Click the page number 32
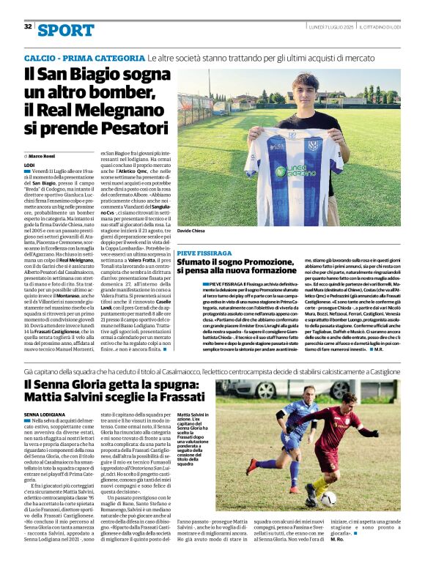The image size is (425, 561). click(28, 26)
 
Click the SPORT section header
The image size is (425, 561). click(66, 30)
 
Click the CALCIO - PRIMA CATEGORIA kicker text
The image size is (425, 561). click(84, 58)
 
